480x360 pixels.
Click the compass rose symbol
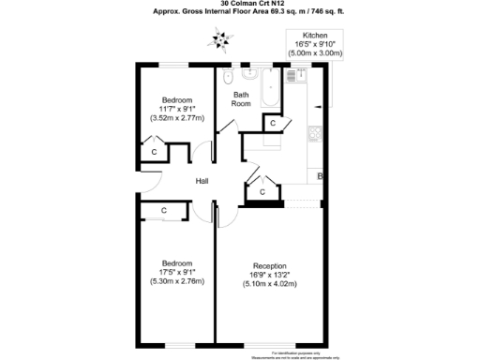point(221,38)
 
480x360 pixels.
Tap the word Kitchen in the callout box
point(315,35)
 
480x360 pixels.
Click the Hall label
point(202,181)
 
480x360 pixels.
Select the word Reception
point(269,265)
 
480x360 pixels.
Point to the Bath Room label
point(241,98)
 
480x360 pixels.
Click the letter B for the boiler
point(321,176)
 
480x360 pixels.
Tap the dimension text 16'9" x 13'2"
point(269,275)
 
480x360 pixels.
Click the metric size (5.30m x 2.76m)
point(177,281)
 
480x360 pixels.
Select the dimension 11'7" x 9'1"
point(177,110)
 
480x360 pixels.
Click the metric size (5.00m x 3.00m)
point(315,53)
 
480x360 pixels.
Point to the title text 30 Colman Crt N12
point(240,5)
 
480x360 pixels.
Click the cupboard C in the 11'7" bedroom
point(154,150)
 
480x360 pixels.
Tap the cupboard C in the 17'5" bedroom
point(163,210)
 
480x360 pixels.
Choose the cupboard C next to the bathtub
point(271,123)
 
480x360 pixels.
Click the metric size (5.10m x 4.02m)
point(269,284)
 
